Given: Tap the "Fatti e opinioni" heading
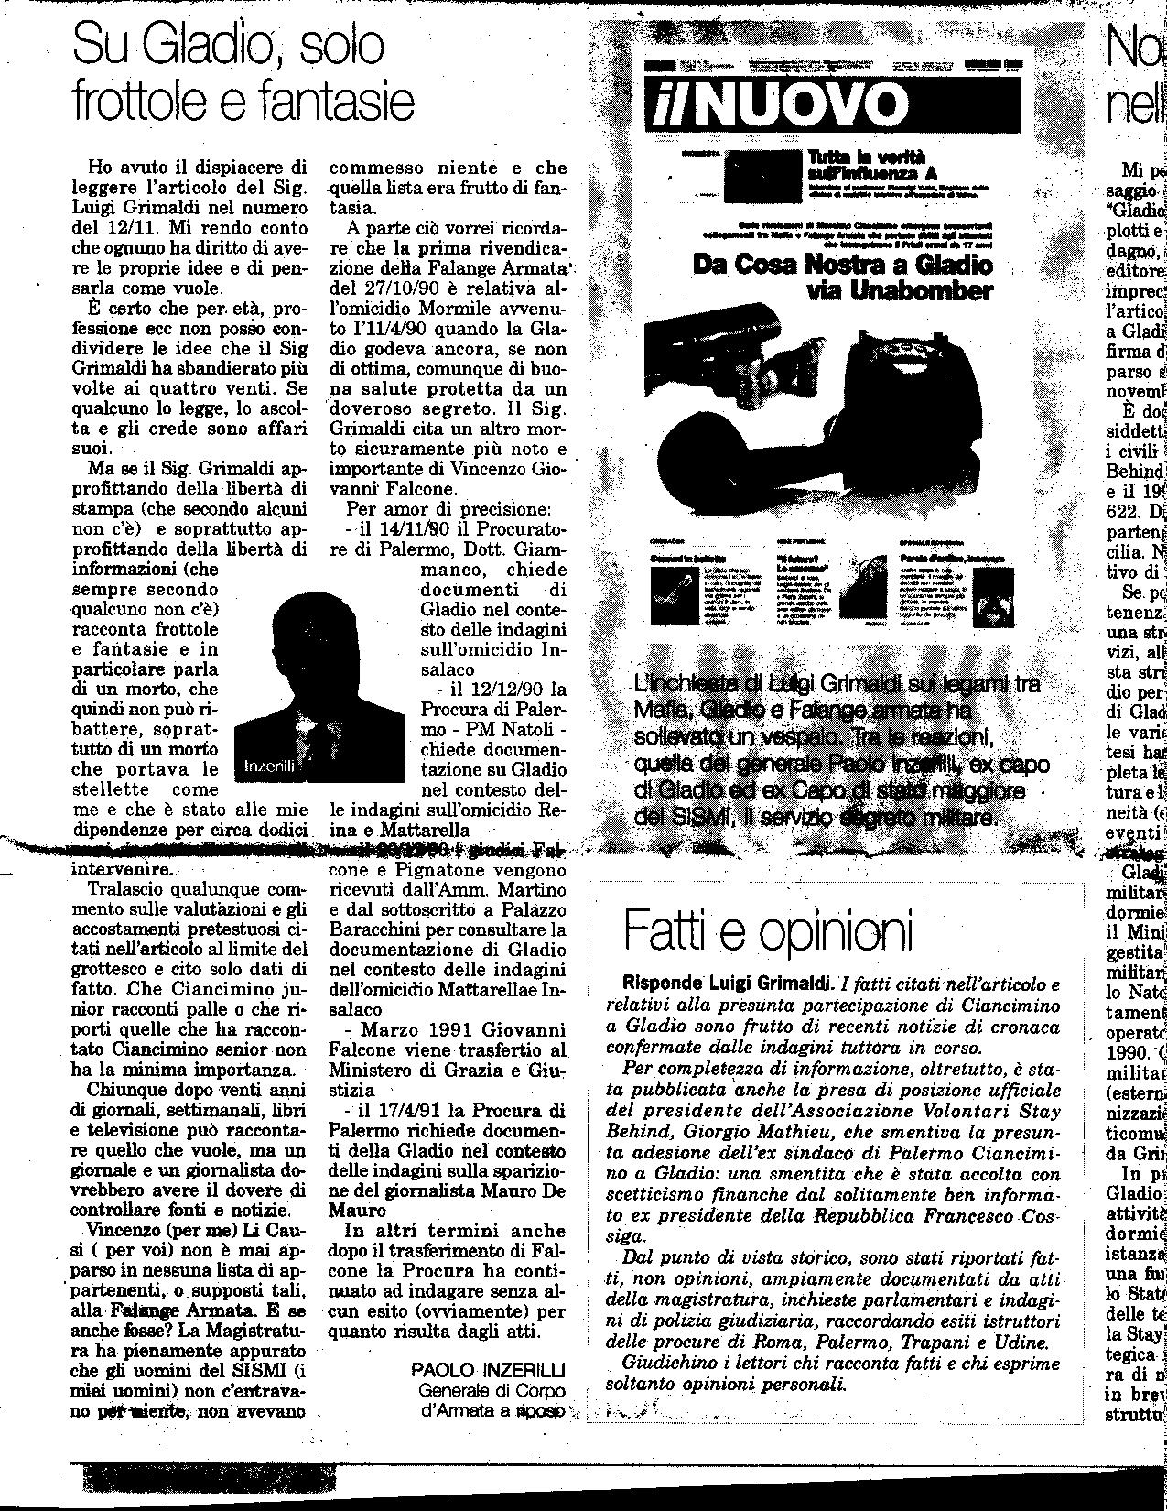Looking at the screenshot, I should click(769, 931).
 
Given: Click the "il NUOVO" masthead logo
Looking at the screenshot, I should click(773, 103).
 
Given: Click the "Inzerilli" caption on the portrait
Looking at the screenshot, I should click(269, 767).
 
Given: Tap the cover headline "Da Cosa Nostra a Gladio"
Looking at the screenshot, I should click(842, 266).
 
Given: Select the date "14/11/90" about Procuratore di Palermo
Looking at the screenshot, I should click(406, 528).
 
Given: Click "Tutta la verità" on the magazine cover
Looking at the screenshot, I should click(867, 157).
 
